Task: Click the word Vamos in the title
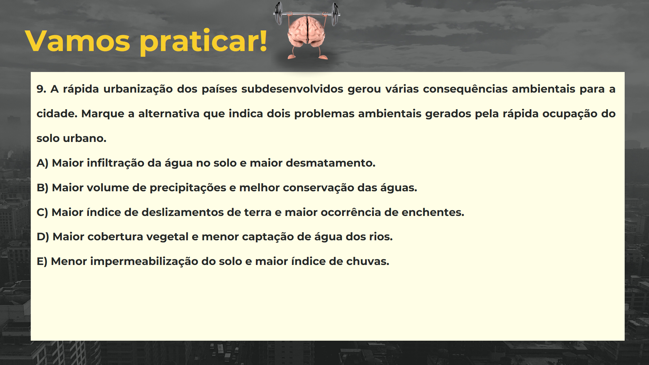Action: coord(77,41)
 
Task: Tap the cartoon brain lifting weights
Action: coord(307,32)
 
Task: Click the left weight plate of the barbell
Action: coord(278,14)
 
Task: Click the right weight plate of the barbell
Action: coord(335,14)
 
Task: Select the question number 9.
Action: coord(41,89)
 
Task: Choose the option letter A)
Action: coord(42,163)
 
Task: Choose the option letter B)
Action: coord(42,188)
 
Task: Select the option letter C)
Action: coord(42,213)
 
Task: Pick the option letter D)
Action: coord(43,237)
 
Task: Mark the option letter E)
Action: coord(42,262)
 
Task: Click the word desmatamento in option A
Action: coord(329,163)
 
